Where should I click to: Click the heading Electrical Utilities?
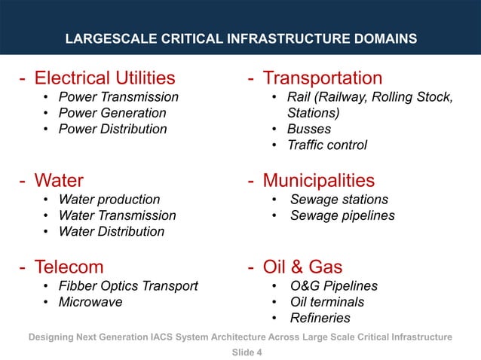105,78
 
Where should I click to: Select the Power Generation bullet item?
112,113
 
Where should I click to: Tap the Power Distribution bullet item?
112,129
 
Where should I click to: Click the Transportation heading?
322,78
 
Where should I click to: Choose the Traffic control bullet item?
326,145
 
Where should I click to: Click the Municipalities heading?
318,181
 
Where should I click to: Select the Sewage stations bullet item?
339,200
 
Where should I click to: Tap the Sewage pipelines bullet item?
342,215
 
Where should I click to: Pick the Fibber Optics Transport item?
128,286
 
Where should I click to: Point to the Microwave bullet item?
90,302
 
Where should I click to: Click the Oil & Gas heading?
302,267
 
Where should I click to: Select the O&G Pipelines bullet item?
334,286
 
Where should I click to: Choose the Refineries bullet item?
320,318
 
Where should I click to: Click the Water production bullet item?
109,200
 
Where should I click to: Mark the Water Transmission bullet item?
117,215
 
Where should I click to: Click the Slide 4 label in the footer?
240,350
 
